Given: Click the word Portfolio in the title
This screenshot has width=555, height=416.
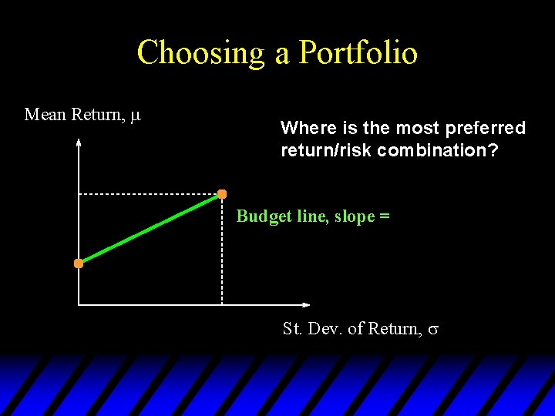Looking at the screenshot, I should coord(358,53).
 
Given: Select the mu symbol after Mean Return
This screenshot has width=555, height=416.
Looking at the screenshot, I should coord(136,116).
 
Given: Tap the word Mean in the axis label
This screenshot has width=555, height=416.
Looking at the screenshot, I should coord(45,115).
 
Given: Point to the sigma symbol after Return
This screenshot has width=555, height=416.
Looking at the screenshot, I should coord(433,330).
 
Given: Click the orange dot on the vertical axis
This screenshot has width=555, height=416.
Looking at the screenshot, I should coord(79,263).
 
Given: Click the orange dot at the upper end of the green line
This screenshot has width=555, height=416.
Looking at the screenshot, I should coord(222,193).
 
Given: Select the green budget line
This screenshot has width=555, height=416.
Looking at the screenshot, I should coord(150,229).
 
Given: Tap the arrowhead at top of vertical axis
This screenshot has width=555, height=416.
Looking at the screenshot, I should coord(79,143).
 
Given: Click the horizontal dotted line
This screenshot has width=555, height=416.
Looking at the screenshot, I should coord(146,194).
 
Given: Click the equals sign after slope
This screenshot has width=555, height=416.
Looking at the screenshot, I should coord(384,216).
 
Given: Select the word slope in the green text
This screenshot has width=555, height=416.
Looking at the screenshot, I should coord(354,216).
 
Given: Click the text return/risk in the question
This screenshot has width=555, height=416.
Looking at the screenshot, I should coord(327,150).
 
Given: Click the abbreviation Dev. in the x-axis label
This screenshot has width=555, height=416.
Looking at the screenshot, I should coord(323,329).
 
